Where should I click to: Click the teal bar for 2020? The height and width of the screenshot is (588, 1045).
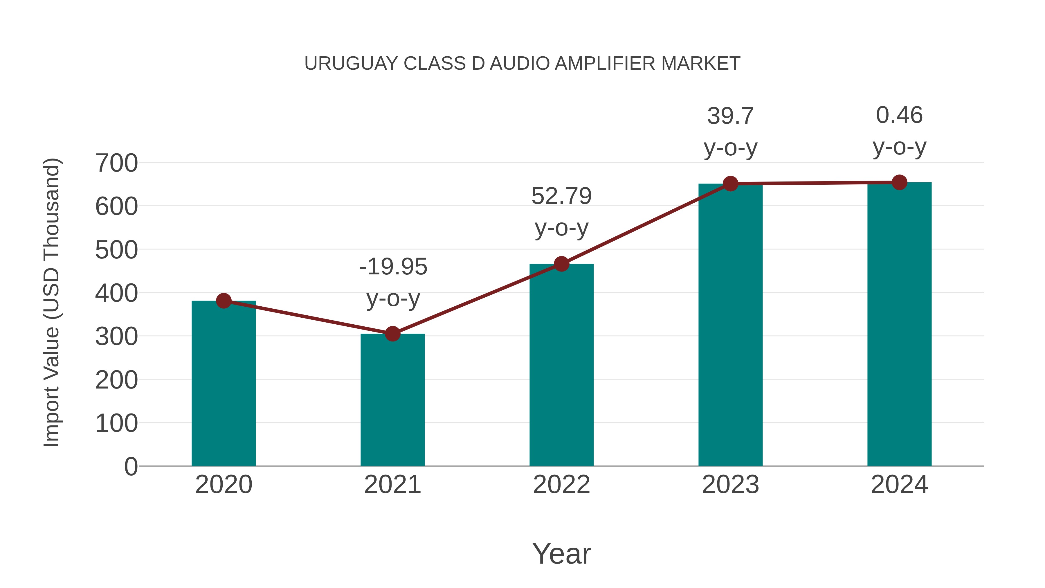pyautogui.click(x=224, y=384)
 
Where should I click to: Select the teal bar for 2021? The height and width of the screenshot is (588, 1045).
pyautogui.click(x=392, y=400)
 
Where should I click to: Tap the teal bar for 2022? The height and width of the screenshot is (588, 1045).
pyautogui.click(x=561, y=365)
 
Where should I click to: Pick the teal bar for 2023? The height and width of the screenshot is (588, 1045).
pyautogui.click(x=730, y=325)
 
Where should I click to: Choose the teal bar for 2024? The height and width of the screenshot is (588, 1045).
pyautogui.click(x=899, y=325)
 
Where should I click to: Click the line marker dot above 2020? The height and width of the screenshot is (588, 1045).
pyautogui.click(x=224, y=301)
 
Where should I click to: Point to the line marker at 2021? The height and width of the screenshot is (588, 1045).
pyautogui.click(x=392, y=334)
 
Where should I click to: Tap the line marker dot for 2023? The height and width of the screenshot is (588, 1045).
pyautogui.click(x=730, y=184)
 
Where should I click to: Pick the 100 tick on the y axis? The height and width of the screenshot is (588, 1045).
pyautogui.click(x=116, y=423)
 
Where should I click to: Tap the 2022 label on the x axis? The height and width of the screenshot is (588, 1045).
pyautogui.click(x=561, y=485)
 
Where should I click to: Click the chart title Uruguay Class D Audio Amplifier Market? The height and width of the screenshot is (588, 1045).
pyautogui.click(x=522, y=64)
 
